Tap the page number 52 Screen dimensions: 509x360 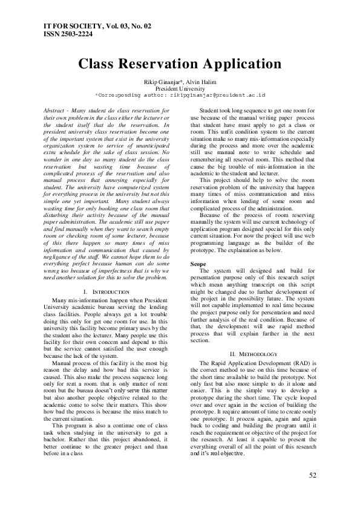[313, 475]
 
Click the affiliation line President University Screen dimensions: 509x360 [180, 88]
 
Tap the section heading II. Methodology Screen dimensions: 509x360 [254, 354]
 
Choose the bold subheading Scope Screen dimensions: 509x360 [198, 265]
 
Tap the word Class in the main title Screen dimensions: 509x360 [99, 64]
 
